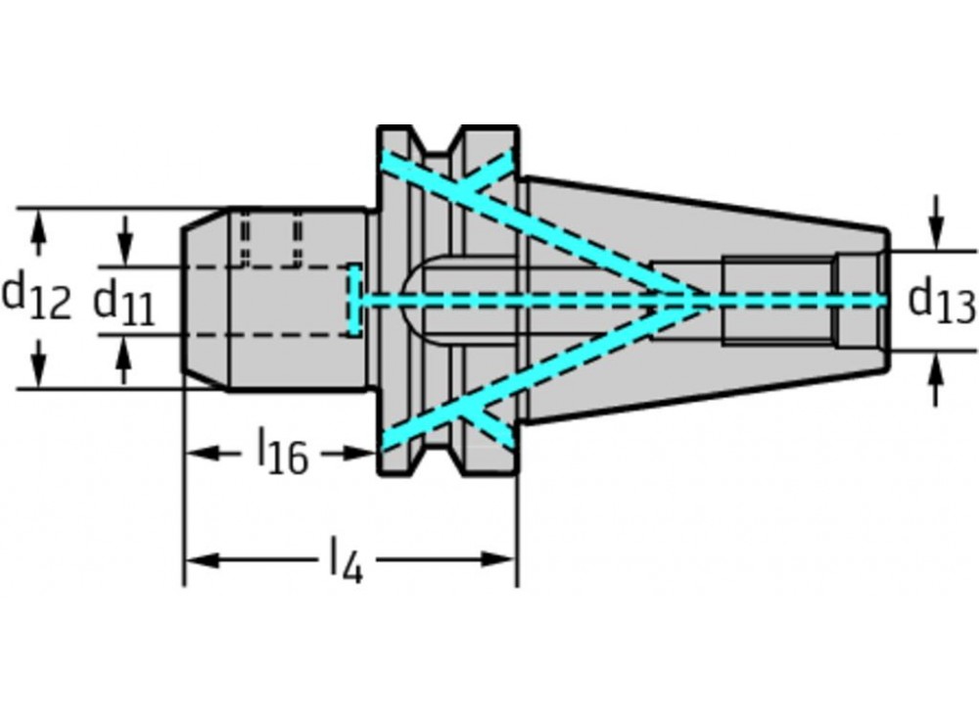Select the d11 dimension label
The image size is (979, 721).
tap(123, 302)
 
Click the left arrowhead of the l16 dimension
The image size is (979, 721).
tap(197, 453)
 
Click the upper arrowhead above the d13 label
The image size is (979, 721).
tap(937, 236)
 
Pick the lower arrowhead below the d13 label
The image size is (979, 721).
tap(937, 366)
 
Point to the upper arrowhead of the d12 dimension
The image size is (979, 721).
tap(37, 221)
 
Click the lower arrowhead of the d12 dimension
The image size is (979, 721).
tap(37, 377)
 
